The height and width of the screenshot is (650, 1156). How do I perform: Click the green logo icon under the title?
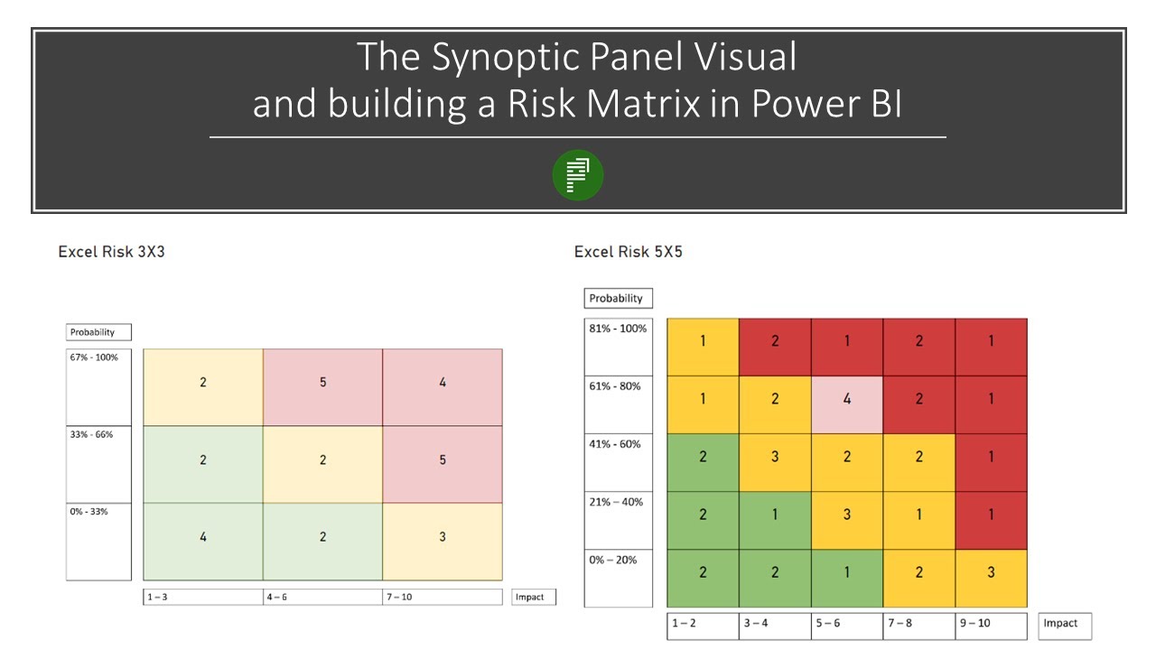(x=578, y=175)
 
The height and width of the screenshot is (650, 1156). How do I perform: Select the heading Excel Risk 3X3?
(x=111, y=252)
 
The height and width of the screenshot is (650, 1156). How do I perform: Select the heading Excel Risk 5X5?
(x=628, y=252)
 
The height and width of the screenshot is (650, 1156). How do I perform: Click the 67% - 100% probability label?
(x=94, y=357)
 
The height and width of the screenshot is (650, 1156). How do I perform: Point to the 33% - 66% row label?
(x=92, y=434)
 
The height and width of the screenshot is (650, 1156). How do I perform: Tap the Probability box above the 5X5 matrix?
(x=616, y=298)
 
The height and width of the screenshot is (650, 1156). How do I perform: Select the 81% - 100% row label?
(x=618, y=329)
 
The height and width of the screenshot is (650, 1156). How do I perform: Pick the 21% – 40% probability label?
(x=616, y=502)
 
